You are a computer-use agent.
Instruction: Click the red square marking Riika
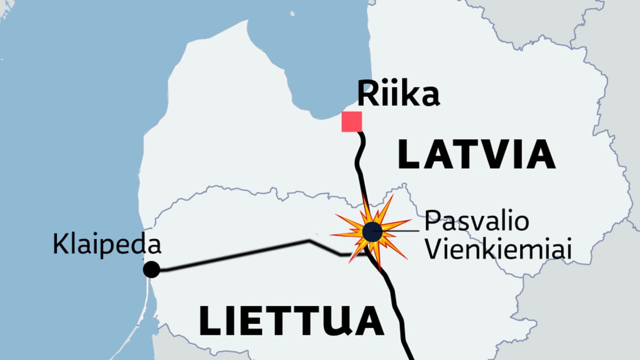click(x=351, y=122)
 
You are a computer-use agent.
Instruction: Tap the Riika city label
click(x=398, y=94)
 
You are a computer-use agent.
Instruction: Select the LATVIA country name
click(x=477, y=154)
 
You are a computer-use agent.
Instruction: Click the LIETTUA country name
click(x=291, y=320)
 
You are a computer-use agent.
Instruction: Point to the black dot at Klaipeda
click(x=151, y=270)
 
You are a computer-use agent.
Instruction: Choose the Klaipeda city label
click(x=107, y=245)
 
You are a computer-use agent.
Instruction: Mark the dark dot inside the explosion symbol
click(x=371, y=232)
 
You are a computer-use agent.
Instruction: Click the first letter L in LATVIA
click(x=411, y=154)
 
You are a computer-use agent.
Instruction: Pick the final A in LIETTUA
click(x=370, y=320)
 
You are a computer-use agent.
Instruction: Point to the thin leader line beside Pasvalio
click(x=403, y=231)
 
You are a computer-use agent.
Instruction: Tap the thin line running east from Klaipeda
click(x=235, y=256)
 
